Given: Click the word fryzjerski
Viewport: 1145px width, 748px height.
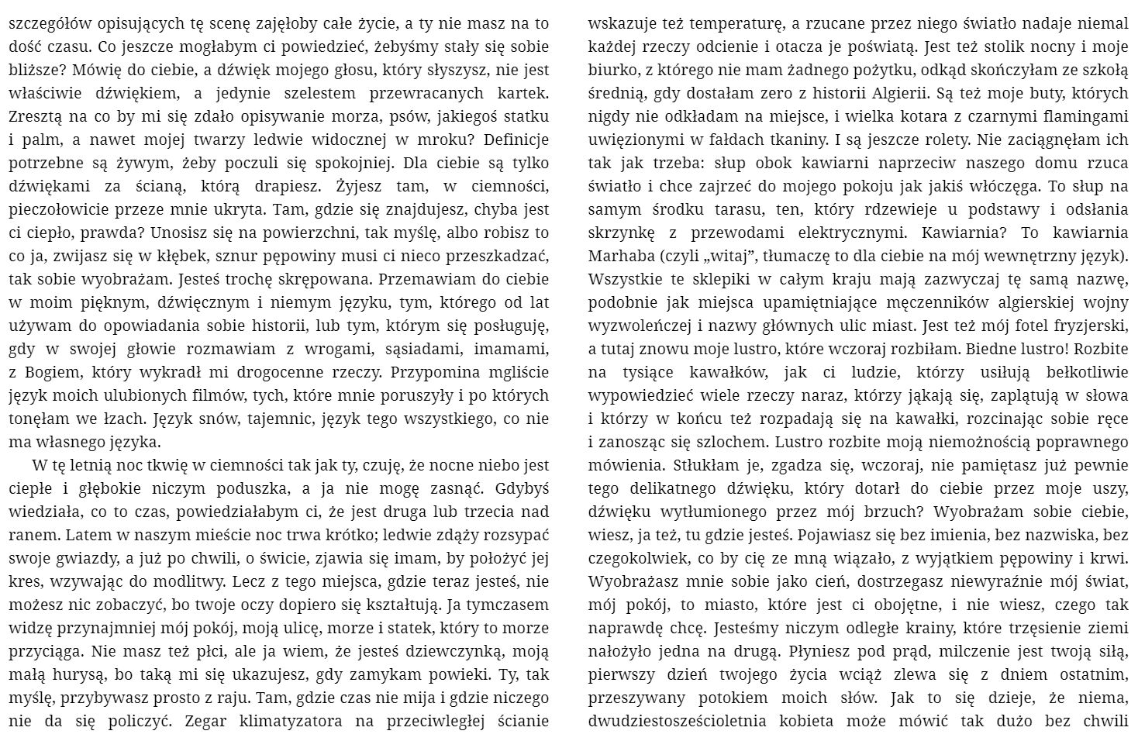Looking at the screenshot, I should coord(1092,326).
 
